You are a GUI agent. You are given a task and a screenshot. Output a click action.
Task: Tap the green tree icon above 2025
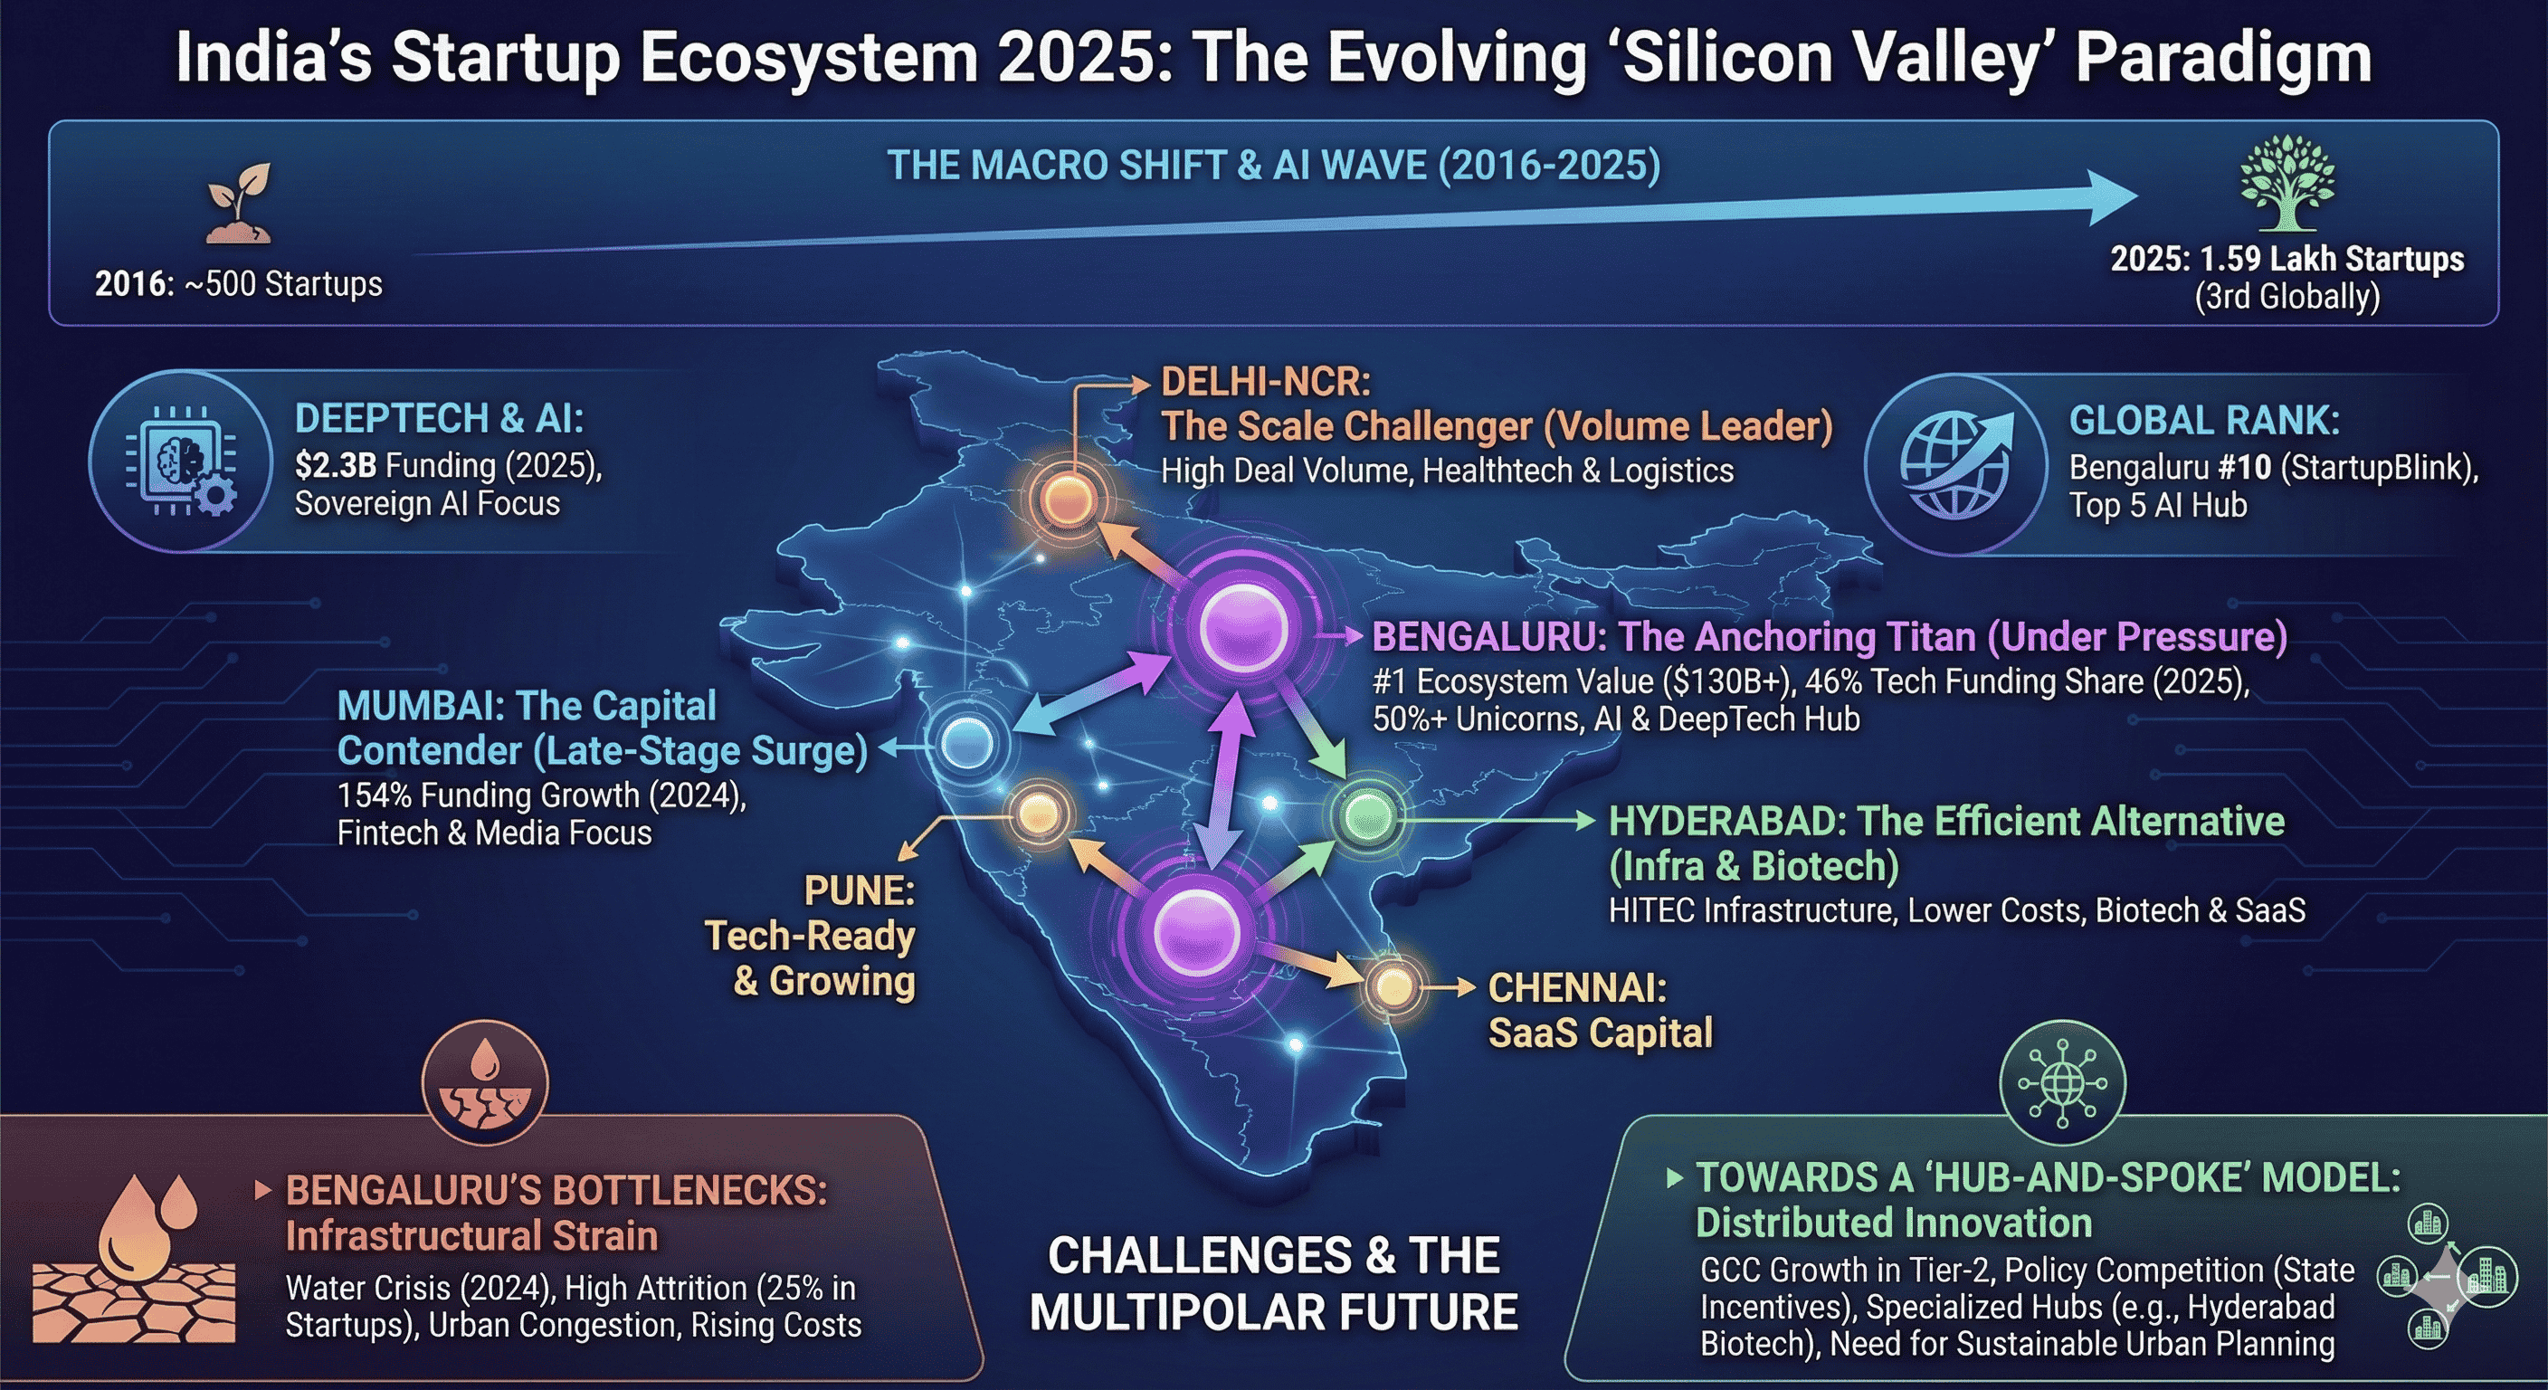click(x=2287, y=183)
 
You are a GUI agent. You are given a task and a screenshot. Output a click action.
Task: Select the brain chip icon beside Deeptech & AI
click(x=181, y=460)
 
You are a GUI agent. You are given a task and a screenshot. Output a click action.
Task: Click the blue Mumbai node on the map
click(x=966, y=743)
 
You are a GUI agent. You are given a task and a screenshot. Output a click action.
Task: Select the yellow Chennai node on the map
click(x=1393, y=986)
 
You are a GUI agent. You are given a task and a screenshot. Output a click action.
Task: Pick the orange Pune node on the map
click(x=1038, y=814)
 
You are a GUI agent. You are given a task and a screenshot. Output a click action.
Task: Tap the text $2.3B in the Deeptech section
click(x=336, y=465)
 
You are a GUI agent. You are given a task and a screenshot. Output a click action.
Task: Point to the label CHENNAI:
click(x=1578, y=987)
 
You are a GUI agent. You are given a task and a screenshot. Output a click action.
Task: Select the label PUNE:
click(x=860, y=890)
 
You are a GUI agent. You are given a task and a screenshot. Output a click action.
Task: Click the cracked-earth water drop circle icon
click(x=485, y=1083)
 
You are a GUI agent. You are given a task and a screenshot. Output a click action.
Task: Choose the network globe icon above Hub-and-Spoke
click(x=2062, y=1083)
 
